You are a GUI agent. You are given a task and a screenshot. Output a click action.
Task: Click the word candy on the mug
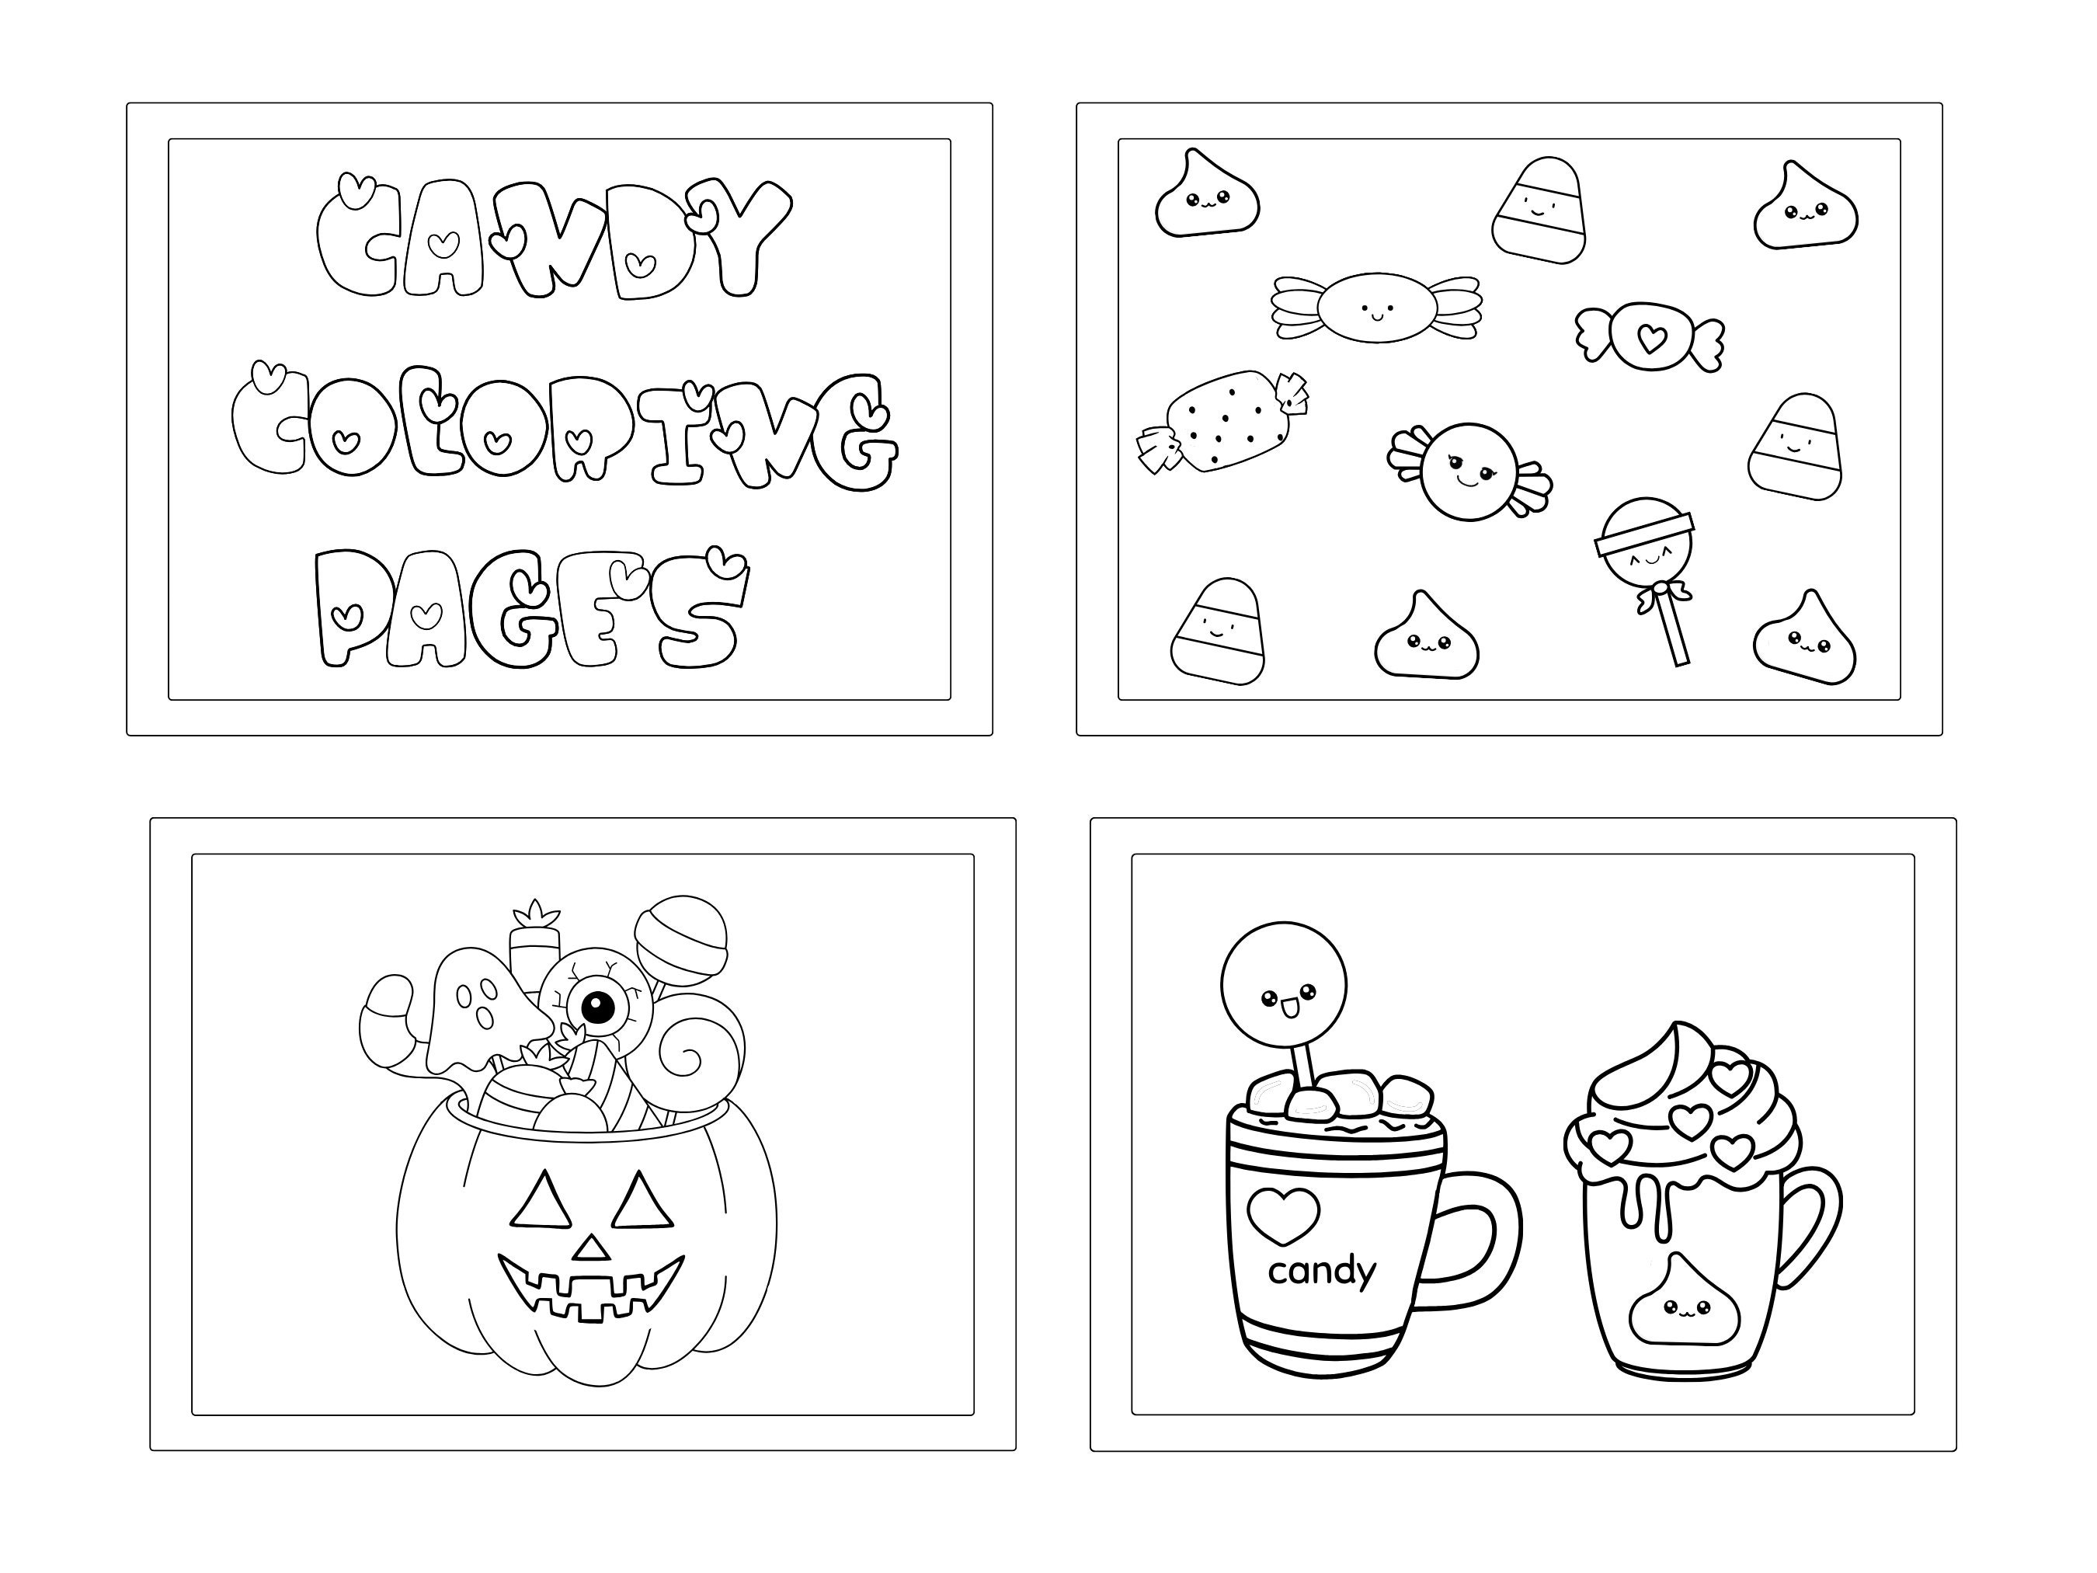(1320, 1271)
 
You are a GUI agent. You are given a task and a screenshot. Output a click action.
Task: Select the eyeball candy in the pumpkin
(596, 1007)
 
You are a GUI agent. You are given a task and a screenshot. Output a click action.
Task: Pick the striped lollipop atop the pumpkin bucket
(680, 938)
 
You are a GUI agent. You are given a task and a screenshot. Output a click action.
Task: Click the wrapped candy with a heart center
(1650, 336)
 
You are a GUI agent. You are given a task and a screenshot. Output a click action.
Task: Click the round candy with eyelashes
(1469, 472)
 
